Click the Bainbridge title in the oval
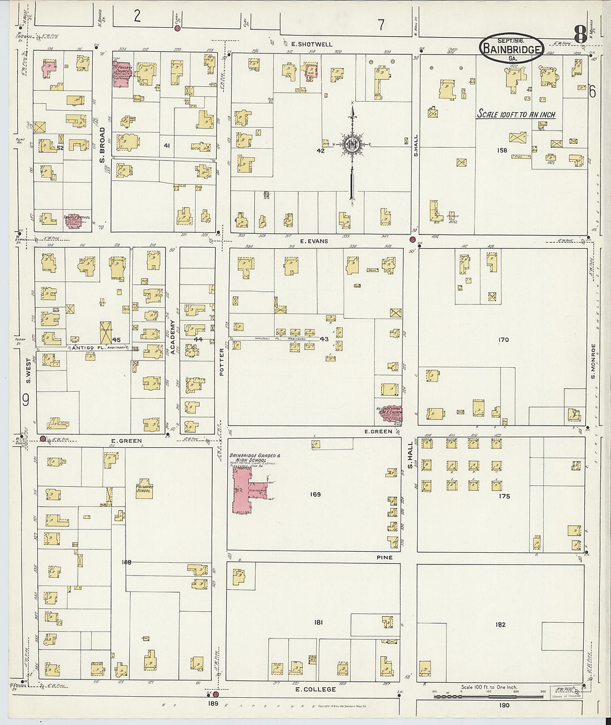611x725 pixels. pyautogui.click(x=512, y=49)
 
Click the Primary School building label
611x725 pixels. pyautogui.click(x=144, y=488)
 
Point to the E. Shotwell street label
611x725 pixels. pyautogui.click(x=312, y=44)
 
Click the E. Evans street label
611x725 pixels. pyautogui.click(x=314, y=241)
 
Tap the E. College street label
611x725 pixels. pyautogui.click(x=315, y=689)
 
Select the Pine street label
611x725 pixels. pyautogui.click(x=384, y=557)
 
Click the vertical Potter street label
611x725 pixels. pyautogui.click(x=222, y=362)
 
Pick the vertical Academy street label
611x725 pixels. pyautogui.click(x=173, y=337)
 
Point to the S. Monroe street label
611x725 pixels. pyautogui.click(x=593, y=361)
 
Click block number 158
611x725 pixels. pyautogui.click(x=502, y=150)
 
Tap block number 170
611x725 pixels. pyautogui.click(x=503, y=339)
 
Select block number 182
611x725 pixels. pyautogui.click(x=500, y=624)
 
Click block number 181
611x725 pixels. pyautogui.click(x=318, y=623)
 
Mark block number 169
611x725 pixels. pyautogui.click(x=315, y=494)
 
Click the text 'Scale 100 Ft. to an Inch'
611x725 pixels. pyautogui.click(x=516, y=114)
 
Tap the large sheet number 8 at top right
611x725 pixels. pyautogui.click(x=579, y=34)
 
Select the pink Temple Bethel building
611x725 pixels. pyautogui.click(x=77, y=220)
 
